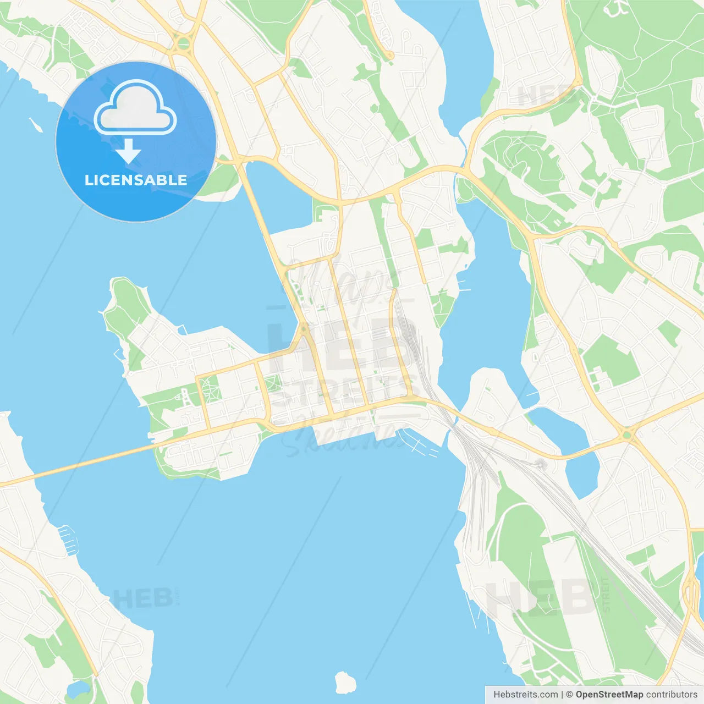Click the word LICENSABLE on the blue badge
135,180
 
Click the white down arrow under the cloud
128,151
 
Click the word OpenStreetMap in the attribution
609,694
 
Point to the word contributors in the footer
672,694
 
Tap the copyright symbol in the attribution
569,694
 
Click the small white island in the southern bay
345,682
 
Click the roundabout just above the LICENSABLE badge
184,43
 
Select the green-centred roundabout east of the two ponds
626,435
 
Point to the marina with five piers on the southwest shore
68,538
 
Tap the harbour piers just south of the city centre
418,443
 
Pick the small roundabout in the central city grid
302,329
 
